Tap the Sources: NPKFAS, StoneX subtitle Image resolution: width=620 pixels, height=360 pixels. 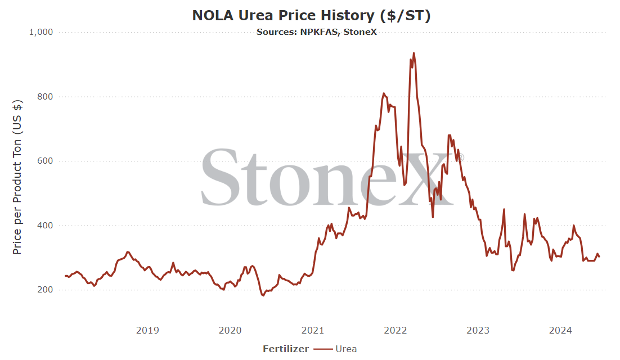[317, 32]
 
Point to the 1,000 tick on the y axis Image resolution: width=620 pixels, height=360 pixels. [41, 32]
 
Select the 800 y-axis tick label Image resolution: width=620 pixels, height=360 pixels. [45, 96]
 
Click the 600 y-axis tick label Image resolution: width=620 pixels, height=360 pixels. [45, 161]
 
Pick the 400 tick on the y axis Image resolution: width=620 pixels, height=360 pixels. [45, 226]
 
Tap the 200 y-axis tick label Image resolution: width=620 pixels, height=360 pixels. [45, 290]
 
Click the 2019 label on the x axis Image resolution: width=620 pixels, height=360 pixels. [147, 330]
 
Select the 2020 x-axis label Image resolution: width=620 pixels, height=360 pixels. [230, 330]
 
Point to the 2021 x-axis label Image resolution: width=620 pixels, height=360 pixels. [313, 330]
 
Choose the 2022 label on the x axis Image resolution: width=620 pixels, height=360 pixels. [396, 330]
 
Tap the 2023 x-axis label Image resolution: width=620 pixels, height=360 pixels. [478, 330]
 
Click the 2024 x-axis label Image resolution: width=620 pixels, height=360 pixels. [561, 330]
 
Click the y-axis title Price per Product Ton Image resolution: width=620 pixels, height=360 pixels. [17, 177]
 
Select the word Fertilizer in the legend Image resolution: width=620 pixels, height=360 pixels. [286, 349]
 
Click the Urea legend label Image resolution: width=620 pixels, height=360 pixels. [347, 349]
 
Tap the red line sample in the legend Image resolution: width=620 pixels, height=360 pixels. [323, 349]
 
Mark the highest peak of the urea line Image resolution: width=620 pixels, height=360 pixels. [414, 53]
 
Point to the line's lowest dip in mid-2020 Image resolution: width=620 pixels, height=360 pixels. [263, 295]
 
